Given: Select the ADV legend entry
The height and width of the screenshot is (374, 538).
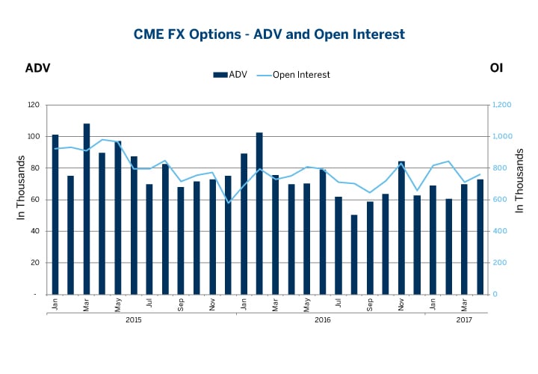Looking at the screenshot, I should click(232, 74).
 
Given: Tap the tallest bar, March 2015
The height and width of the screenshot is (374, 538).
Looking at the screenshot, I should click(87, 209).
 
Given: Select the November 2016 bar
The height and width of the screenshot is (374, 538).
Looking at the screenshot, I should click(401, 228).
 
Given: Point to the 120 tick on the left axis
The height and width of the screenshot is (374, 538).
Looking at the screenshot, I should click(33, 105).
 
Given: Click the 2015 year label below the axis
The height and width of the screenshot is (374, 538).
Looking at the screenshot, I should click(134, 319).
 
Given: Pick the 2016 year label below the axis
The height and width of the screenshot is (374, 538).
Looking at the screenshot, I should click(323, 319).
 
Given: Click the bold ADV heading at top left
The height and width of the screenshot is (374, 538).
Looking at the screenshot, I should click(37, 68).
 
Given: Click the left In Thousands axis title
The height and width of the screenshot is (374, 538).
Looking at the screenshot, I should click(21, 188).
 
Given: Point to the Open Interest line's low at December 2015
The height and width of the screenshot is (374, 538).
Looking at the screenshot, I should click(229, 203).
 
